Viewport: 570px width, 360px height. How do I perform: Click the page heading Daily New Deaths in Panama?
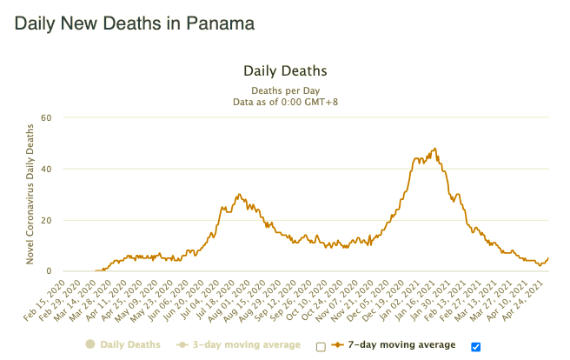click(135, 24)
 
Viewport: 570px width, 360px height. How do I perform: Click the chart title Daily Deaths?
click(284, 70)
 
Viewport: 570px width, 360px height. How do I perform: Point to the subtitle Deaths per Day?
click(284, 90)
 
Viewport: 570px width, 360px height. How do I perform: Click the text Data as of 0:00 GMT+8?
click(284, 101)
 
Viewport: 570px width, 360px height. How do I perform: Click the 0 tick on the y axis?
click(50, 271)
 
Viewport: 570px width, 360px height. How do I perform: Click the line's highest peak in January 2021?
click(434, 149)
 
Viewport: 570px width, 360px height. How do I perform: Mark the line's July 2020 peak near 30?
click(239, 195)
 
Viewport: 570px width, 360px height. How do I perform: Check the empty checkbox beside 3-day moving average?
click(321, 346)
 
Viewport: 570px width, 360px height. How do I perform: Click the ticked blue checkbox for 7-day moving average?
click(475, 346)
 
